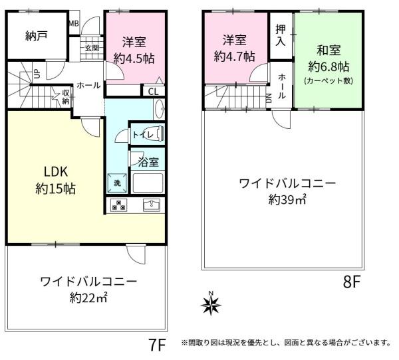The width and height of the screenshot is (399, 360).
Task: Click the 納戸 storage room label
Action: coord(37,36)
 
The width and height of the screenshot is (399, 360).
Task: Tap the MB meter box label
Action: coord(74,23)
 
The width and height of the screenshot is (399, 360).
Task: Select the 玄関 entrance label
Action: coord(92,48)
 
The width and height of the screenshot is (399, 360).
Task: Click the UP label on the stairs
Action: coord(37,74)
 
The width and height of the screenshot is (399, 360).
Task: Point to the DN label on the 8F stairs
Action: coord(269,98)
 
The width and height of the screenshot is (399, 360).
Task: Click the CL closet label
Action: coord(153,92)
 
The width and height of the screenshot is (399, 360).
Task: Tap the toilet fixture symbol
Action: coord(160,134)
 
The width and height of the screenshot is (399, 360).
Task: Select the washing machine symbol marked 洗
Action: coord(117,183)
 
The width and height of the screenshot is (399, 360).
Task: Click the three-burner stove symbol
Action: coord(119,205)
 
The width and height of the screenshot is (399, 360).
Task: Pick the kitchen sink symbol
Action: coord(152,205)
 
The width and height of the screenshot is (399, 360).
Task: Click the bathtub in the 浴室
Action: coord(148,183)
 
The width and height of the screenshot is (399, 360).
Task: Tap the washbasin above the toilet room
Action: coord(160,109)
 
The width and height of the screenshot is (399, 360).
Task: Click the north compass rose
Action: coord(211,304)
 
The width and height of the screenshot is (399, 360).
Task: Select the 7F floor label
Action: coord(157,345)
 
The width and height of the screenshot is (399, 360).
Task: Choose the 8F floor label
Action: coord(352,282)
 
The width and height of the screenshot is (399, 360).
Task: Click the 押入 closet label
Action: coord(281,36)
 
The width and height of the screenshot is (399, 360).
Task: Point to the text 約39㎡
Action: coord(287,199)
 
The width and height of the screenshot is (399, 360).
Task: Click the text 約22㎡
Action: coord(88,298)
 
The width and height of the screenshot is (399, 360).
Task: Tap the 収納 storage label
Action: coord(66,97)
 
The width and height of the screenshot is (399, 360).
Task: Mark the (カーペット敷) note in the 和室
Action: coord(329,81)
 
